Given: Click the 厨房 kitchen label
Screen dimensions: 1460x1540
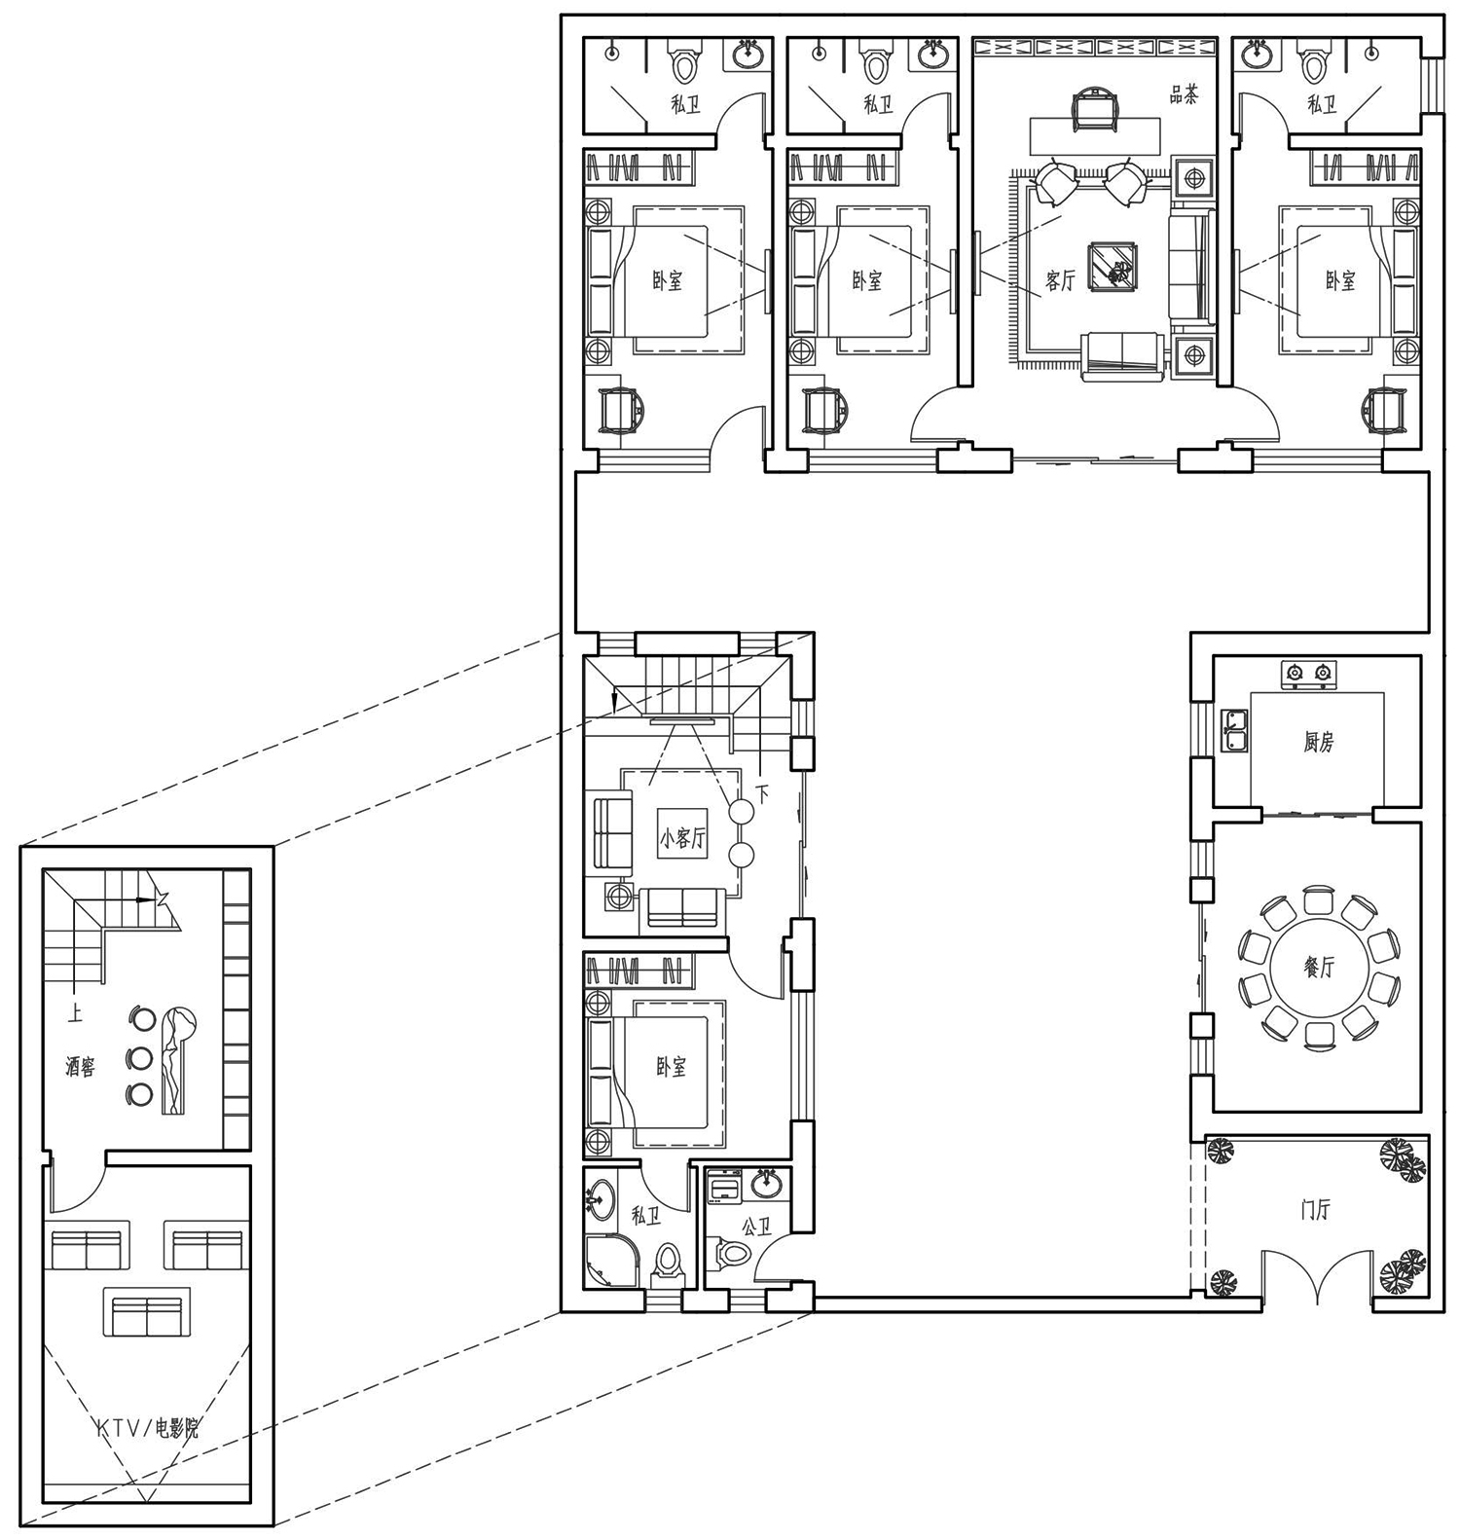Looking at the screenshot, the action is coord(1318,743).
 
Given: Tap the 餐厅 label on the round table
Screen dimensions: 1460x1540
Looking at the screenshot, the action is coord(1319,967).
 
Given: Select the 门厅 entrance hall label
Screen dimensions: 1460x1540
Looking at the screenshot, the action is coord(1315,1210).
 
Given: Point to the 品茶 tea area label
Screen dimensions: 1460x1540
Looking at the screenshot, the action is coord(1184,94).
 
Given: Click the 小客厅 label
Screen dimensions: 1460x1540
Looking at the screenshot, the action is coord(681,838).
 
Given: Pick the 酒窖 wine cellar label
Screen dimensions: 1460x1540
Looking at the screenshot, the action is coord(81,1067).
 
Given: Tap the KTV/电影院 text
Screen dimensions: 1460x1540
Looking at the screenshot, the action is coord(148,1428).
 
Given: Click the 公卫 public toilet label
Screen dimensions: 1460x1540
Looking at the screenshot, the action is coord(756,1228).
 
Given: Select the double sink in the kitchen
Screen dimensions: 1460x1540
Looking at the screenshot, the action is coord(1235,731).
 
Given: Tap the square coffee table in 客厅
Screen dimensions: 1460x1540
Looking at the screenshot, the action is coord(1113,265).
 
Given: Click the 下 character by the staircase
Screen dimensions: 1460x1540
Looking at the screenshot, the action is coord(762,793).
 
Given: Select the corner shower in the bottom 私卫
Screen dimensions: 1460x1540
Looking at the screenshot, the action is coord(612,1262).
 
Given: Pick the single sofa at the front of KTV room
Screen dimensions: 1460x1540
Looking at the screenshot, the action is coord(147,1315).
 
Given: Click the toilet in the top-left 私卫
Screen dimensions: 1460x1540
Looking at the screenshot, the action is coord(685,65).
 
